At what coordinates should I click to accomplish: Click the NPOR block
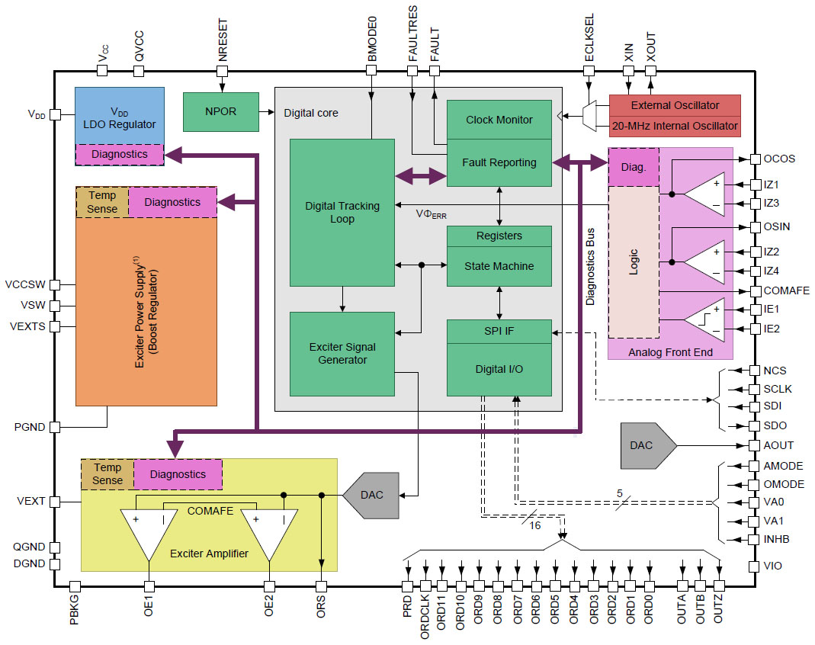pos(221,111)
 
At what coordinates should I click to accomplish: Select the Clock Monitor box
pos(499,120)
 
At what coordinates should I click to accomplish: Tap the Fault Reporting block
pos(499,162)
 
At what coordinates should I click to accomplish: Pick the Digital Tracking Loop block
pos(342,212)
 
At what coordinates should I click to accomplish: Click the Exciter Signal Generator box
pos(342,354)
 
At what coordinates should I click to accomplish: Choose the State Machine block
pos(499,266)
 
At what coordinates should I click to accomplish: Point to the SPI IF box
pos(499,332)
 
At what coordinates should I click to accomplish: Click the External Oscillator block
pos(674,105)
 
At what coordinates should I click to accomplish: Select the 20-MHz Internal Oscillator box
pos(674,125)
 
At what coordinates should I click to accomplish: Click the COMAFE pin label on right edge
pos(786,290)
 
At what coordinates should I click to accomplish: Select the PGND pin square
pos(55,427)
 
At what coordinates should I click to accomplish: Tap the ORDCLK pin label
pos(425,618)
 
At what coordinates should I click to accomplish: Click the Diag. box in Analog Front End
pos(624,166)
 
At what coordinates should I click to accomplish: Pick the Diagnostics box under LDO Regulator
pos(119,154)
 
